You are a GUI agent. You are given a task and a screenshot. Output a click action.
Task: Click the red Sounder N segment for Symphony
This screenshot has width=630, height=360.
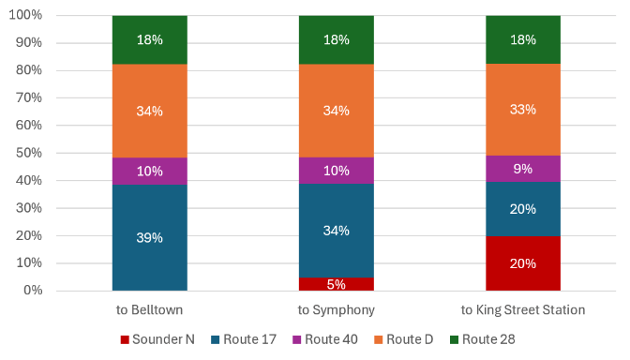337,284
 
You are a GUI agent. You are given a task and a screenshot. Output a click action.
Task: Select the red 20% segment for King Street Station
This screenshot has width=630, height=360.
523,263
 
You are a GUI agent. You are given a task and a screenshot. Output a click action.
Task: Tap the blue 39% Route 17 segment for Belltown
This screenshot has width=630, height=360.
149,237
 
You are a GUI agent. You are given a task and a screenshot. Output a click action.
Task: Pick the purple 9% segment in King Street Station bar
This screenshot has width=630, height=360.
523,169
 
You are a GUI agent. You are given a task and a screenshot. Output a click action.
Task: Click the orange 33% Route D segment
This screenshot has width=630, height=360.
523,110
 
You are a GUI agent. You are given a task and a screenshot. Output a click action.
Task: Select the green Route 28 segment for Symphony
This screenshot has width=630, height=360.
337,39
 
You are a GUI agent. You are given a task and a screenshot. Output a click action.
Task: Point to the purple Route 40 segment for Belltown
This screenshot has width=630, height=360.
149,172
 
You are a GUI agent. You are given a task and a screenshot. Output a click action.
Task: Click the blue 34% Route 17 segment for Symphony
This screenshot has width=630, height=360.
337,231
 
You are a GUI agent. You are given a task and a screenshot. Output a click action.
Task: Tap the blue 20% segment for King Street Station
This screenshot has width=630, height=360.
523,209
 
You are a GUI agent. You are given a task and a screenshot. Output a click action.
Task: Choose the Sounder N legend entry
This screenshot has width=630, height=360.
157,339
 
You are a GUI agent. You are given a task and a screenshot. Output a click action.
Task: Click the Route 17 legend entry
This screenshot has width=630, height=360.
244,339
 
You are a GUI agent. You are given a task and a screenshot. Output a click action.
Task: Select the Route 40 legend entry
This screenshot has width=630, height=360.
325,339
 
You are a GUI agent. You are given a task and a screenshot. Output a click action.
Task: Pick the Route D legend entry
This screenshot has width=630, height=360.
403,339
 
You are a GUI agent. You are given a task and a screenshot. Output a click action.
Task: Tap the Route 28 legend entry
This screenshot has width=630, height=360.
482,339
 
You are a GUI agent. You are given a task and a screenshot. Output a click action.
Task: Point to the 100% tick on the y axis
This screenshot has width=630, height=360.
25,15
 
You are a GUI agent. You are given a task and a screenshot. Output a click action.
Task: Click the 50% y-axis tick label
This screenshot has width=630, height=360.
28,153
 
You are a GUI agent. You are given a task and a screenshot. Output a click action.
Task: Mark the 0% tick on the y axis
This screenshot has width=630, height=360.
33,290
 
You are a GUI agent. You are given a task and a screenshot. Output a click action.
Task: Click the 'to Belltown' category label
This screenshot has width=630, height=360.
149,309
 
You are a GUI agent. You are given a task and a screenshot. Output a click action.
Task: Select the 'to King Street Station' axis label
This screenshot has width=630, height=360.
523,309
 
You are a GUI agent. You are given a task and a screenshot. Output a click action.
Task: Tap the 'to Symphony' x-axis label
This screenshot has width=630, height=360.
337,310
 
